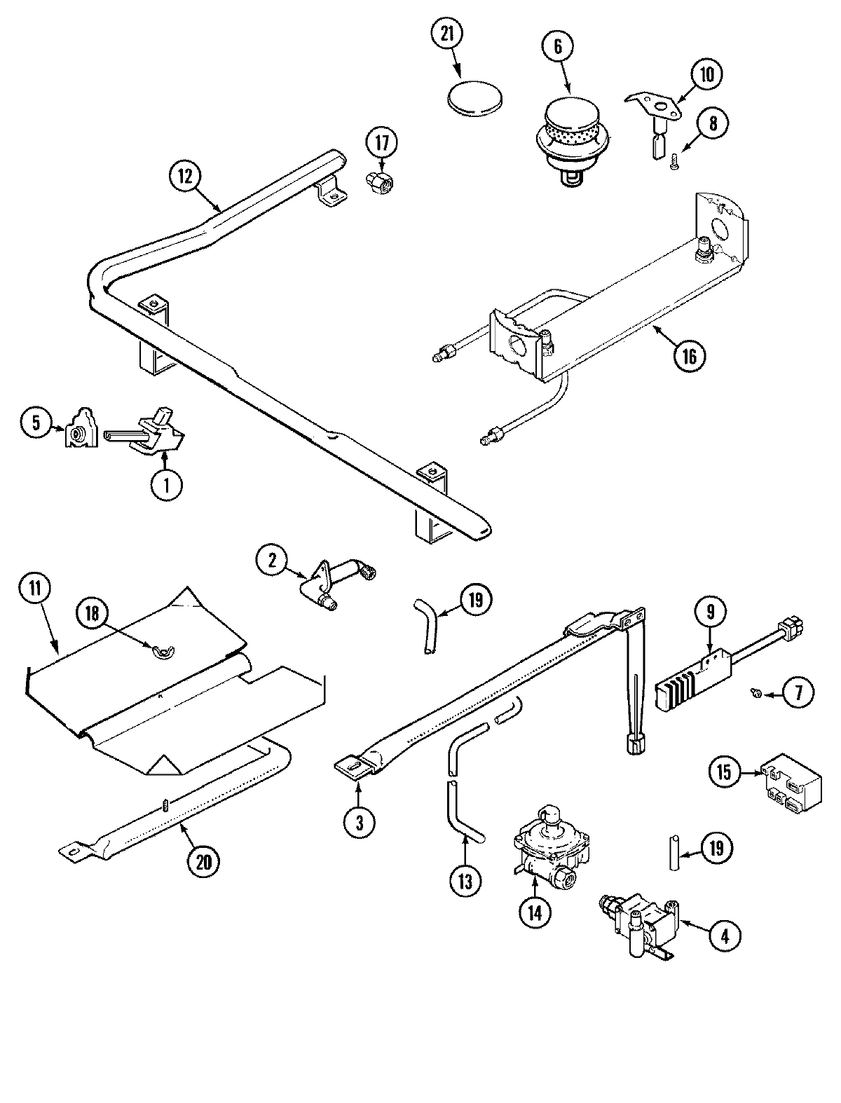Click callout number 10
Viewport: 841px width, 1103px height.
click(706, 74)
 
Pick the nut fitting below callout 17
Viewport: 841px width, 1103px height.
click(379, 186)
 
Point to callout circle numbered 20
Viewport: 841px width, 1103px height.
click(203, 862)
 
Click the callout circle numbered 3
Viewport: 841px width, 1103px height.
click(359, 823)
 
